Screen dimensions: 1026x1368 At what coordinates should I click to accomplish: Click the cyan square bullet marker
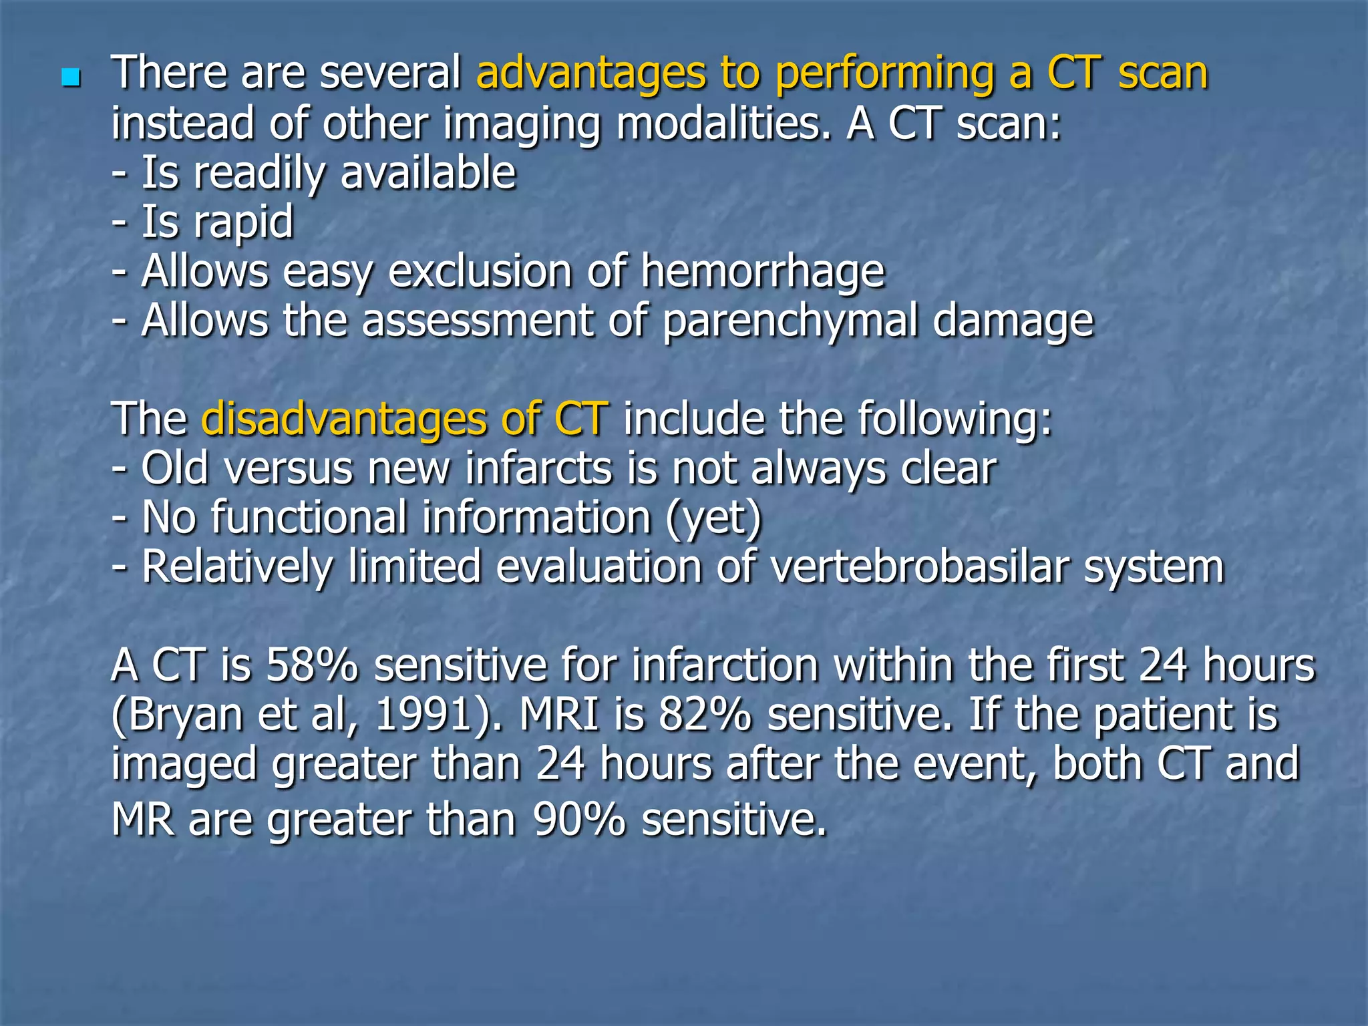pos(70,78)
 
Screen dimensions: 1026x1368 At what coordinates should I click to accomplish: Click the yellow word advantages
pos(590,73)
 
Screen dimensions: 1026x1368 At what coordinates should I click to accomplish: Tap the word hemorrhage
pos(763,272)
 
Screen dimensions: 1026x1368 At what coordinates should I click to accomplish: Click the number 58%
pos(312,666)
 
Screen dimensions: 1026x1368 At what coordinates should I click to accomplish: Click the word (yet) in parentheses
pos(713,518)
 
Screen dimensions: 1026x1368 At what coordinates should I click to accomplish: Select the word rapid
pos(243,222)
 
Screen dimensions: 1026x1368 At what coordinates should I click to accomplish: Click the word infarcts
pos(538,468)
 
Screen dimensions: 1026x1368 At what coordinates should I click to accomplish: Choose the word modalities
pos(724,124)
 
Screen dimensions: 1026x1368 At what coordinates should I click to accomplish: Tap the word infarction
pos(725,666)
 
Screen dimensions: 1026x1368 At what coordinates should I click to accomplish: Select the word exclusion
pos(481,272)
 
